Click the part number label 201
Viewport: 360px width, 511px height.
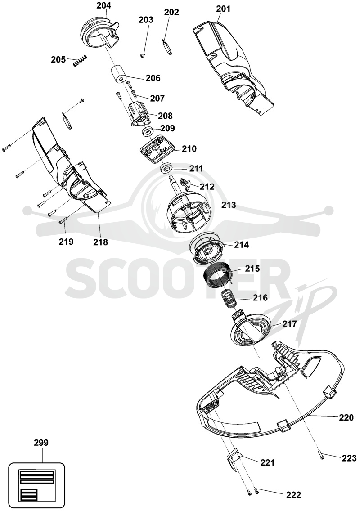tap(223, 9)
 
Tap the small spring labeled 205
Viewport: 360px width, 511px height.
tap(80, 61)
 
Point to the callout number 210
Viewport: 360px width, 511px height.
tap(189, 149)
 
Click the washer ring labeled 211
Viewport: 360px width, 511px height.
tap(166, 169)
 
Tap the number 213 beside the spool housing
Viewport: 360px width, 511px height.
tap(229, 205)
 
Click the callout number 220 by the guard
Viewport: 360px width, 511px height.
tap(346, 417)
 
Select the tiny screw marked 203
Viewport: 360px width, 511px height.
tap(143, 56)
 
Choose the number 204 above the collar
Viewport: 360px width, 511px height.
tap(103, 5)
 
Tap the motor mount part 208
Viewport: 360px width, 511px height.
tap(140, 114)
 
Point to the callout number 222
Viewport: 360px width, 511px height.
tap(293, 495)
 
